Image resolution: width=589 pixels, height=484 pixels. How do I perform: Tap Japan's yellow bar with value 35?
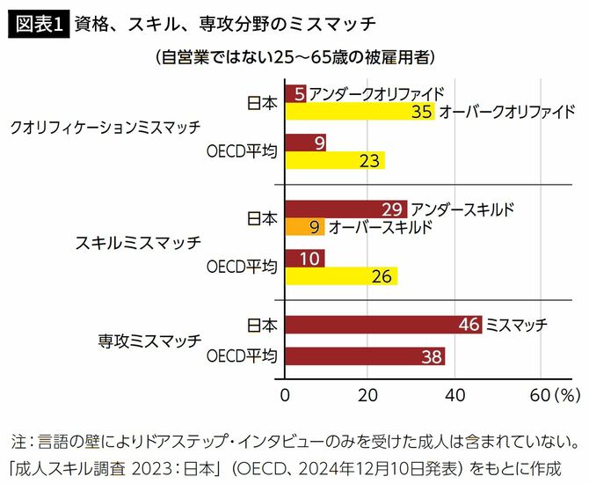click(360, 112)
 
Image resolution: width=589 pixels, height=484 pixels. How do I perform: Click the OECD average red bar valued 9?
click(305, 141)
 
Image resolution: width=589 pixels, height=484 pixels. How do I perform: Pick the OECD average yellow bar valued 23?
click(335, 160)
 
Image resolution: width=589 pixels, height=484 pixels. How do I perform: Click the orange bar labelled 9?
click(305, 227)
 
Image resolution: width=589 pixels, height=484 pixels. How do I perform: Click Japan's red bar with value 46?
click(383, 325)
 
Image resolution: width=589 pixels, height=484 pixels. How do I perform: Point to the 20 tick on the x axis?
click(369, 392)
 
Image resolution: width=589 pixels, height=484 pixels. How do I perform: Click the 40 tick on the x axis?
click(454, 392)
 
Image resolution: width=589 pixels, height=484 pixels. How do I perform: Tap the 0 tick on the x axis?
click(286, 392)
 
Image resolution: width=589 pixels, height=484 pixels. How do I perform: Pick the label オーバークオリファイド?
click(506, 112)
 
